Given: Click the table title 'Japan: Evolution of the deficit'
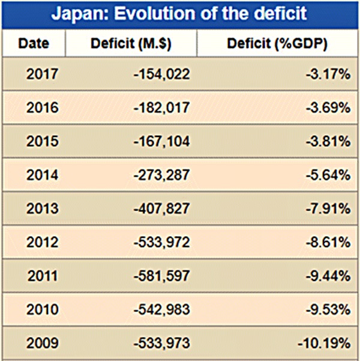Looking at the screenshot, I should pyautogui.click(x=179, y=14).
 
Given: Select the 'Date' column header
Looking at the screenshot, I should pyautogui.click(x=34, y=44).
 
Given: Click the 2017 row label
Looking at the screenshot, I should pyautogui.click(x=43, y=74).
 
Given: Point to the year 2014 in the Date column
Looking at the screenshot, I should pyautogui.click(x=43, y=175).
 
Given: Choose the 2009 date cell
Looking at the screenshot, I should pyautogui.click(x=43, y=344).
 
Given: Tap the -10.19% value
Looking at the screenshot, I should pyautogui.click(x=323, y=344).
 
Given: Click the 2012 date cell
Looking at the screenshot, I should pyautogui.click(x=43, y=243).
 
